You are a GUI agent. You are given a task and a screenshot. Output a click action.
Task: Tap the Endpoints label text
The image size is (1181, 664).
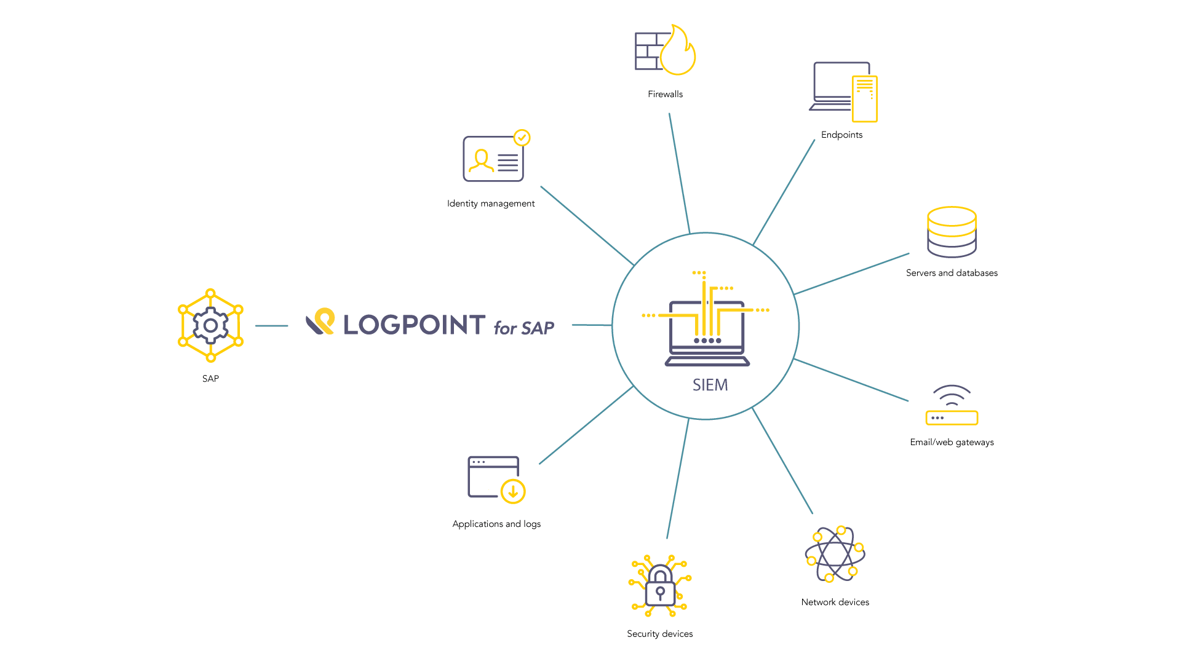click(x=841, y=135)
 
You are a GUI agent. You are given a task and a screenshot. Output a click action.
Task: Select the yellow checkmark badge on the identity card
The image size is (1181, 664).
click(x=522, y=138)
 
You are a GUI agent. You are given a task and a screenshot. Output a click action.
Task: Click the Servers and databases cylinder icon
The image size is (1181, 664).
click(x=952, y=232)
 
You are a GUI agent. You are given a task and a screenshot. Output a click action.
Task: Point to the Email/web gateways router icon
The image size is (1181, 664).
click(x=952, y=405)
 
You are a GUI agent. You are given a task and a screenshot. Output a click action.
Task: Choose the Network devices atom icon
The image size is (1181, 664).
click(x=835, y=554)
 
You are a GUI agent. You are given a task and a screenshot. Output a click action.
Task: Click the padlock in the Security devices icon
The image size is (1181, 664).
click(x=660, y=586)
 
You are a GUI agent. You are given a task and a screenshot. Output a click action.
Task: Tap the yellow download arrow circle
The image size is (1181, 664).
click(x=513, y=491)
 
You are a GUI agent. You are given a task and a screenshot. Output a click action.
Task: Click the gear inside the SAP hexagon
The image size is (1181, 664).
click(x=210, y=325)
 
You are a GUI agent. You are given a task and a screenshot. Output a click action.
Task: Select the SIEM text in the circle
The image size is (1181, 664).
click(x=710, y=385)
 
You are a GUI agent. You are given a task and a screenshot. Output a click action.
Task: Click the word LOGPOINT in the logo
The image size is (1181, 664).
click(x=414, y=325)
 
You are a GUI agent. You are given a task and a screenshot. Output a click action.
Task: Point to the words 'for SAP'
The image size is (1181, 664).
click(x=523, y=328)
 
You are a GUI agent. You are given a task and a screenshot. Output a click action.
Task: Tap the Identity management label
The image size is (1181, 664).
click(x=491, y=204)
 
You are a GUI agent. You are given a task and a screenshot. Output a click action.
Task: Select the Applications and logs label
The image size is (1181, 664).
click(x=496, y=524)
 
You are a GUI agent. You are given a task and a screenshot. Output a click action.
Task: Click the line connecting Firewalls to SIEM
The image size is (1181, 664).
click(x=679, y=173)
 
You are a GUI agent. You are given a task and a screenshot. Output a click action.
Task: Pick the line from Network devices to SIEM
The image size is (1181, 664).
click(x=782, y=460)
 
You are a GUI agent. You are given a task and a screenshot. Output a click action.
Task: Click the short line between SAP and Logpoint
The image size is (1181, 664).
click(x=271, y=326)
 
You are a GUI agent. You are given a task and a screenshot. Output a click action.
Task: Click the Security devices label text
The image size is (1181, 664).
click(x=659, y=634)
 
